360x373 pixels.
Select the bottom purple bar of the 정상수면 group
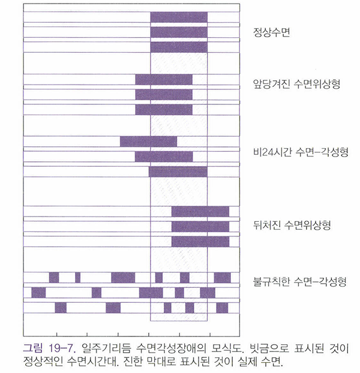179,47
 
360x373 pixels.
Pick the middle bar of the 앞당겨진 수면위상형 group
164,94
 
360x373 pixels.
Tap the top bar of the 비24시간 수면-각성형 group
148,142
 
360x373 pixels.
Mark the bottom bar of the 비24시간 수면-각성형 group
178,172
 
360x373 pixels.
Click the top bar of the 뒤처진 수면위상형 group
200,211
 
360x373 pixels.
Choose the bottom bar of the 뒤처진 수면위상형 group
200,241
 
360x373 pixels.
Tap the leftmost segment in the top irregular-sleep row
54,277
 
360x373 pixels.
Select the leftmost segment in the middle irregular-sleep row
38,292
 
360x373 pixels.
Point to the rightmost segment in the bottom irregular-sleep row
222,307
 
